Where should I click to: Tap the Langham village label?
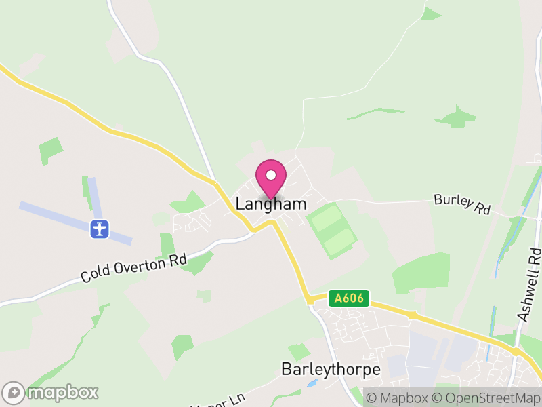[271, 203]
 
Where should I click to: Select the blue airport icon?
[100, 229]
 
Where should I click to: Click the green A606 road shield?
[349, 298]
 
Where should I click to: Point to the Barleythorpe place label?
[331, 370]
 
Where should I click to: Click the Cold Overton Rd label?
[133, 268]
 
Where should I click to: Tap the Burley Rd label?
[462, 204]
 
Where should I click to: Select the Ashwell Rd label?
[530, 285]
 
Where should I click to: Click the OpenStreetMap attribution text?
[485, 398]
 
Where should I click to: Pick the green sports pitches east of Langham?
[331, 231]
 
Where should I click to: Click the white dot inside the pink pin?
[271, 175]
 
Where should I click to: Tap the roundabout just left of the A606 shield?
[309, 298]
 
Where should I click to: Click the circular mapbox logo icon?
[14, 392]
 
